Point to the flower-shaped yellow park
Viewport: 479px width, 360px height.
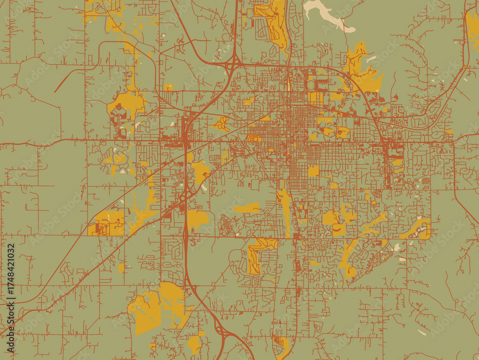(x=222, y=124)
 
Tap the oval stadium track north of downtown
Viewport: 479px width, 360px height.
(x=311, y=85)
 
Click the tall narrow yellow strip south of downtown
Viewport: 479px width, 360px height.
(x=286, y=211)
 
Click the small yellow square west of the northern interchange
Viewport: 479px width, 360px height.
(x=168, y=87)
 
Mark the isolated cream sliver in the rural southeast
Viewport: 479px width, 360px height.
(x=421, y=332)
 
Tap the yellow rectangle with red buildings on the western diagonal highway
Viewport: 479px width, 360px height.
(x=106, y=224)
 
